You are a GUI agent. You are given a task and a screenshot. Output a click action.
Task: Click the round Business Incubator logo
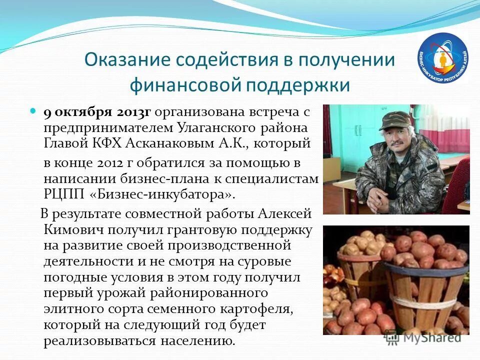[x=442, y=56]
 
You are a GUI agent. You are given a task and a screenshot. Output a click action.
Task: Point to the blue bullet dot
[x=34, y=110]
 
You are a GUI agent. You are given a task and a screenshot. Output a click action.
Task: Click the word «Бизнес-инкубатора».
[x=158, y=194]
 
